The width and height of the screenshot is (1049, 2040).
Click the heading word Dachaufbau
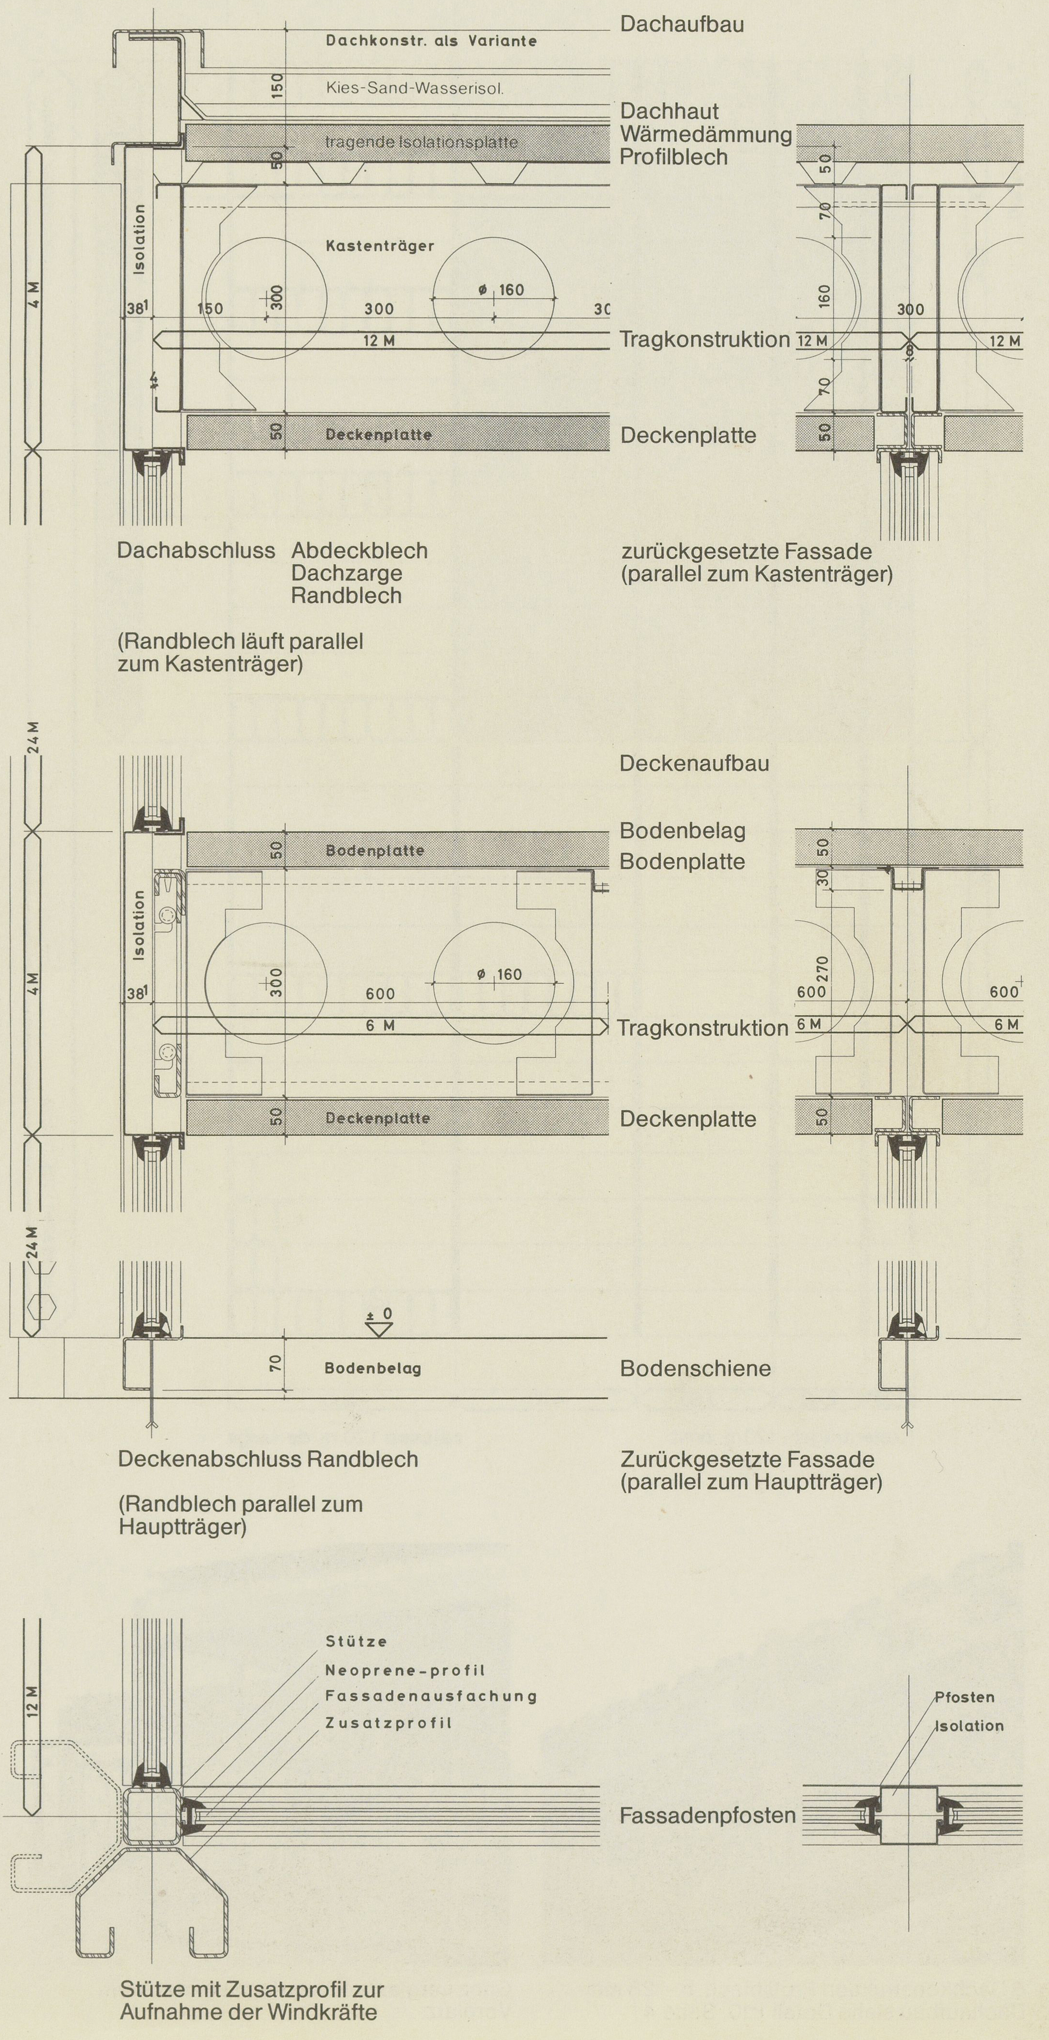click(x=682, y=24)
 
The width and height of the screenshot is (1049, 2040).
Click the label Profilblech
click(x=673, y=157)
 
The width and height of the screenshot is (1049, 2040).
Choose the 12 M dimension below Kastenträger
click(x=379, y=341)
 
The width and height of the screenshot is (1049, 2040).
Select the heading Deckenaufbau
click(x=693, y=763)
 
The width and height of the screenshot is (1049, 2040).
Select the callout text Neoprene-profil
click(x=405, y=1670)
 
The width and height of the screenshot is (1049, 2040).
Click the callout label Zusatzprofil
click(x=388, y=1722)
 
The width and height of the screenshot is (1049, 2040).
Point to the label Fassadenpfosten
click(x=707, y=1816)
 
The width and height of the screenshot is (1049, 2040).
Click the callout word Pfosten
click(x=964, y=1697)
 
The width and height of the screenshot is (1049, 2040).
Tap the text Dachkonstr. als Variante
click(x=431, y=41)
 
